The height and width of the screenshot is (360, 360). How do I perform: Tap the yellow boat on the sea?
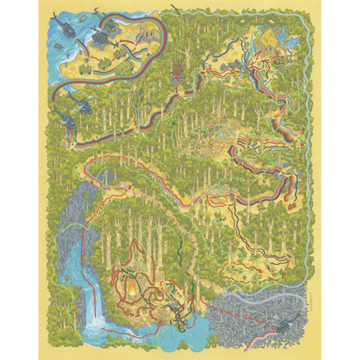82,18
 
